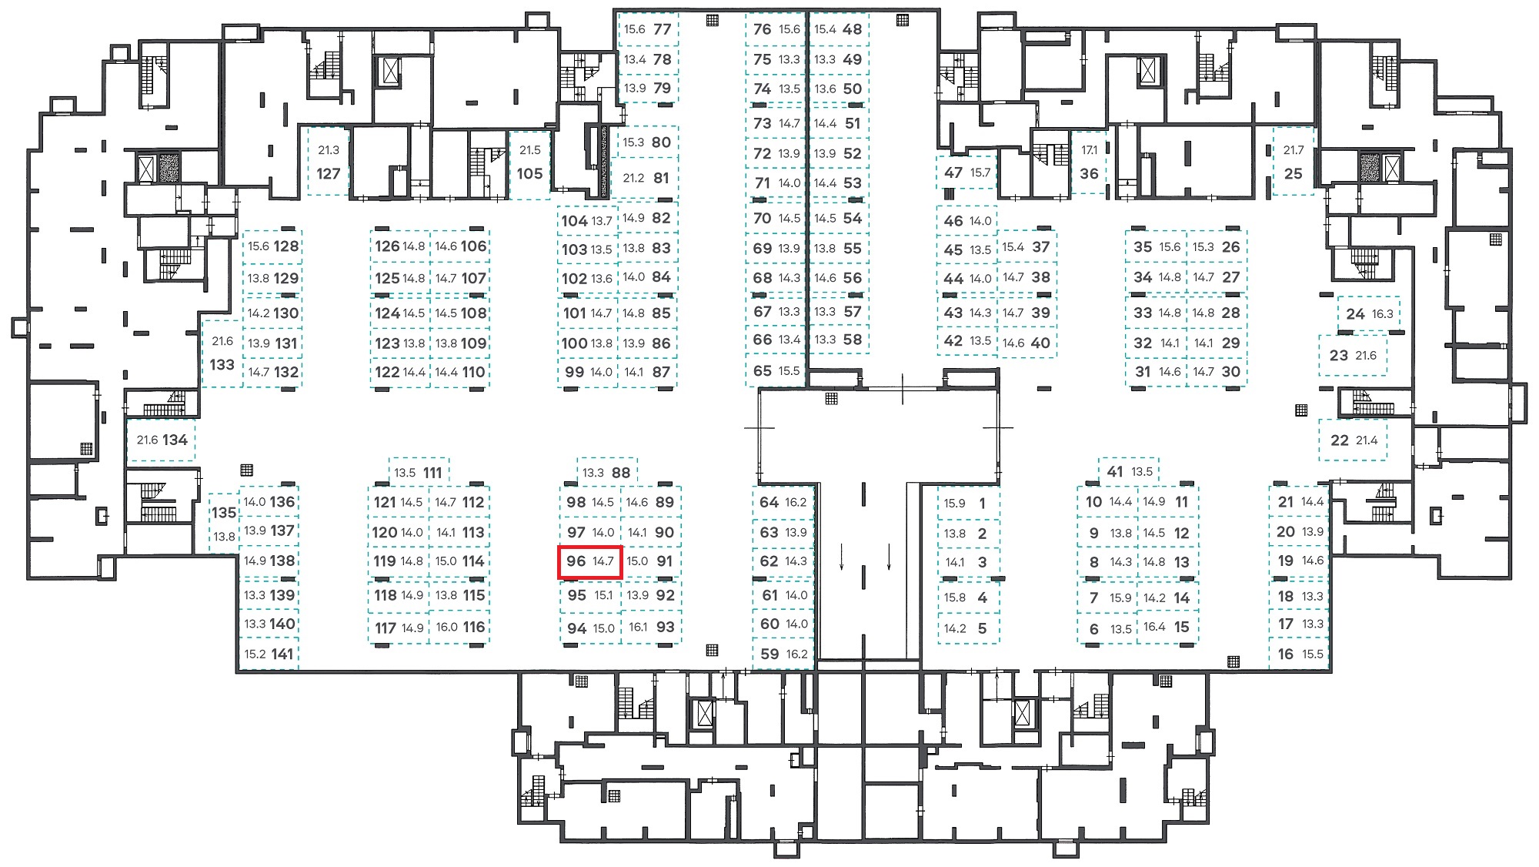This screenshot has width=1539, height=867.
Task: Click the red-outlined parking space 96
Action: pyautogui.click(x=589, y=561)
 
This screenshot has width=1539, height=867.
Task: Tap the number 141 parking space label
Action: pyautogui.click(x=282, y=654)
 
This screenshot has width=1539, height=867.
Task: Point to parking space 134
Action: pyautogui.click(x=162, y=440)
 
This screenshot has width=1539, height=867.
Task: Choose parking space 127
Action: pyautogui.click(x=328, y=162)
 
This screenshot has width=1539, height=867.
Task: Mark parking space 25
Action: pyautogui.click(x=1294, y=161)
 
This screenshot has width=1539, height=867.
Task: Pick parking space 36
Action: pyautogui.click(x=1089, y=162)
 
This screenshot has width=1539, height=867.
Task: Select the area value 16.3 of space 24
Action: pyautogui.click(x=1382, y=314)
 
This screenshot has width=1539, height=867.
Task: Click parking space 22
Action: pyautogui.click(x=1354, y=440)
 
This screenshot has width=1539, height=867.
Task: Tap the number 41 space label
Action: pyautogui.click(x=1115, y=471)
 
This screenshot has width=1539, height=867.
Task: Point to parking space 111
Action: pyautogui.click(x=419, y=471)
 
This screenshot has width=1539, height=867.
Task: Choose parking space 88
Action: pyautogui.click(x=606, y=471)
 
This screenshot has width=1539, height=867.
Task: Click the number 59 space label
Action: pyautogui.click(x=769, y=654)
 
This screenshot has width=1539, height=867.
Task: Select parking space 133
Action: pyautogui.click(x=222, y=353)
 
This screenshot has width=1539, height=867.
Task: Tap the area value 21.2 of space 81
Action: pyautogui.click(x=633, y=178)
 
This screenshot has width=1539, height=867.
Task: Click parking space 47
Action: pyautogui.click(x=966, y=172)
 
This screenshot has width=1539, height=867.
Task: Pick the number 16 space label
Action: pyautogui.click(x=1285, y=654)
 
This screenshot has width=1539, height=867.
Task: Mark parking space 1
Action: pyautogui.click(x=968, y=503)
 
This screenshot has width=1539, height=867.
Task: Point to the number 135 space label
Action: pyautogui.click(x=224, y=512)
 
